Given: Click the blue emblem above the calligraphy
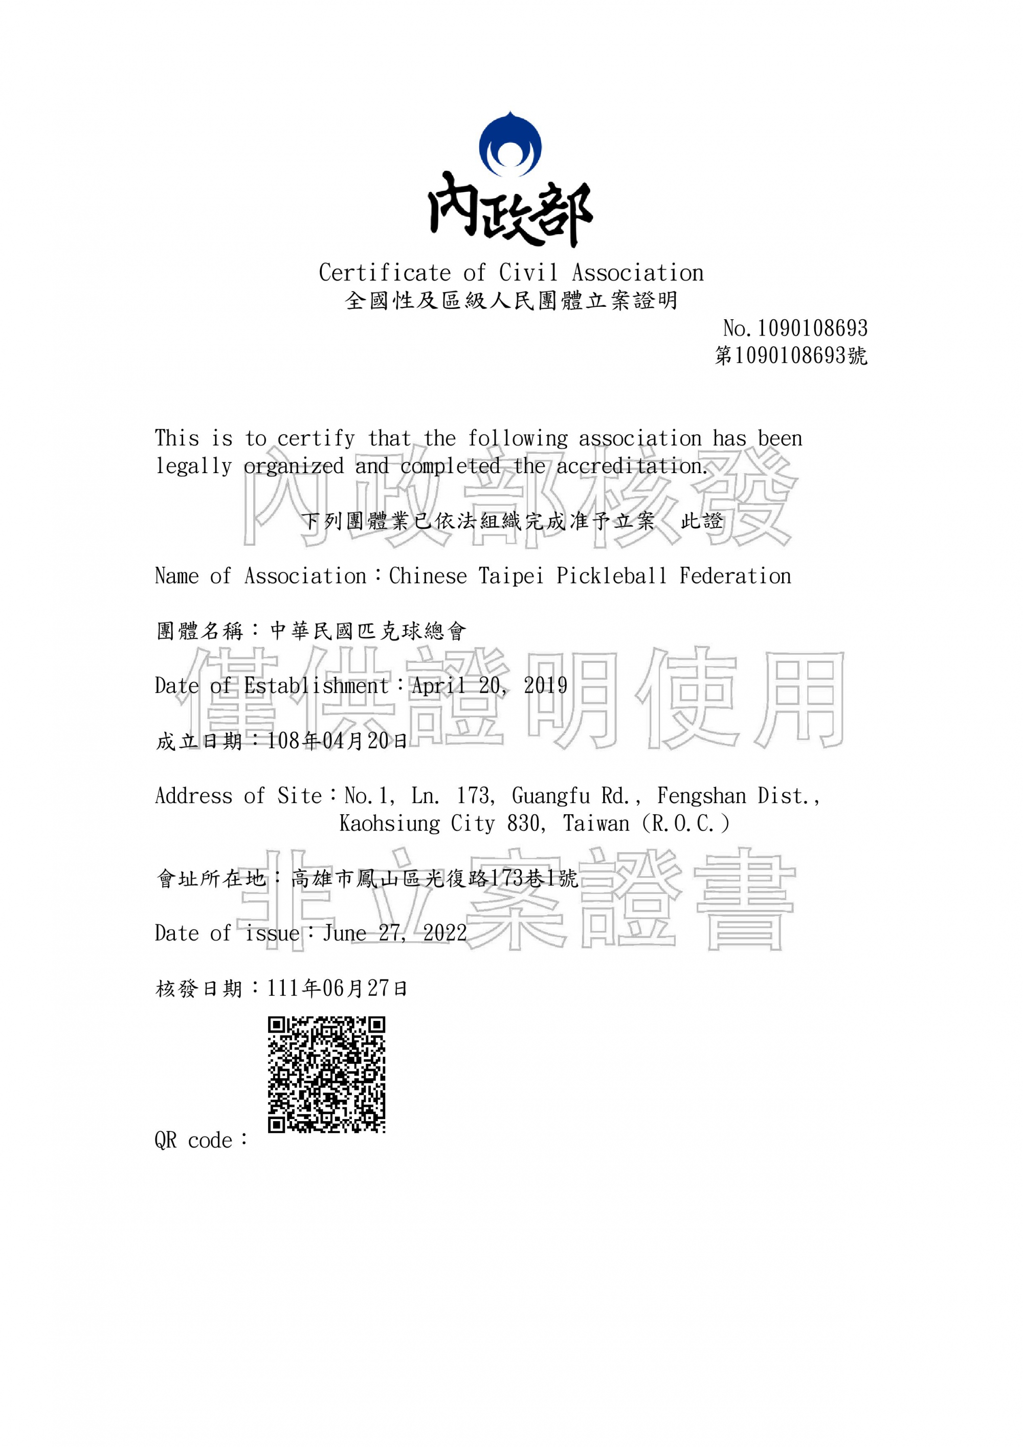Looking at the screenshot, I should (510, 144).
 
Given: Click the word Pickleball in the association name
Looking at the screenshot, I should (611, 576).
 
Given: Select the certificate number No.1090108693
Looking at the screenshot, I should (795, 328).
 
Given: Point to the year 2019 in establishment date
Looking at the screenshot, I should (545, 686).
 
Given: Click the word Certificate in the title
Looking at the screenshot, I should (385, 273).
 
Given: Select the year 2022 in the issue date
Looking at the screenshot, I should (444, 933).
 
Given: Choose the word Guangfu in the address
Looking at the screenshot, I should (550, 796).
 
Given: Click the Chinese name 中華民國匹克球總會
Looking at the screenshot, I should (368, 631).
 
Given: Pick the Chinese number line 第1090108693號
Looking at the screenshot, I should (791, 355).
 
